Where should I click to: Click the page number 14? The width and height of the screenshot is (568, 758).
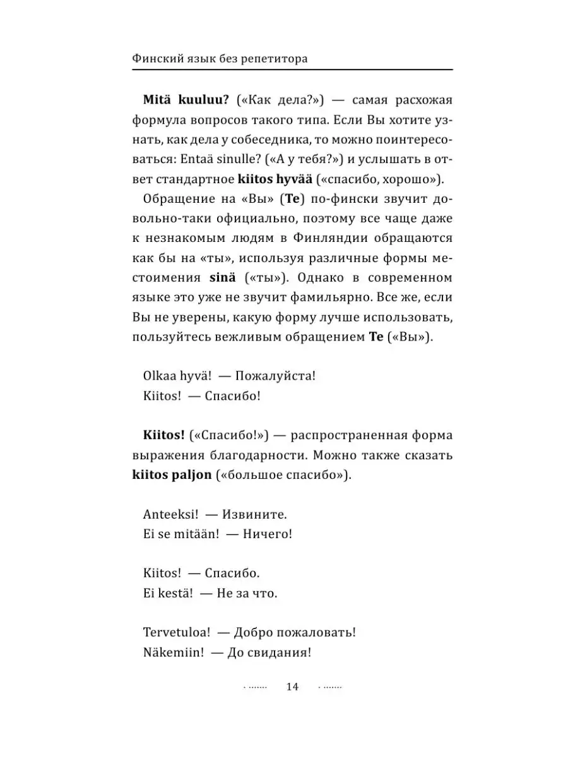pyautogui.click(x=292, y=687)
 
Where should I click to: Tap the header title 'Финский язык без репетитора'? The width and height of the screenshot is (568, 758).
pyautogui.click(x=220, y=59)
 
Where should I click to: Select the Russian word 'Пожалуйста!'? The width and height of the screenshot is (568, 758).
pyautogui.click(x=275, y=376)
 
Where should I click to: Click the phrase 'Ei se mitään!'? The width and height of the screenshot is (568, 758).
pyautogui.click(x=181, y=534)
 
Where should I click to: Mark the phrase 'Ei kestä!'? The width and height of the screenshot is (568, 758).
pyautogui.click(x=169, y=594)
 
